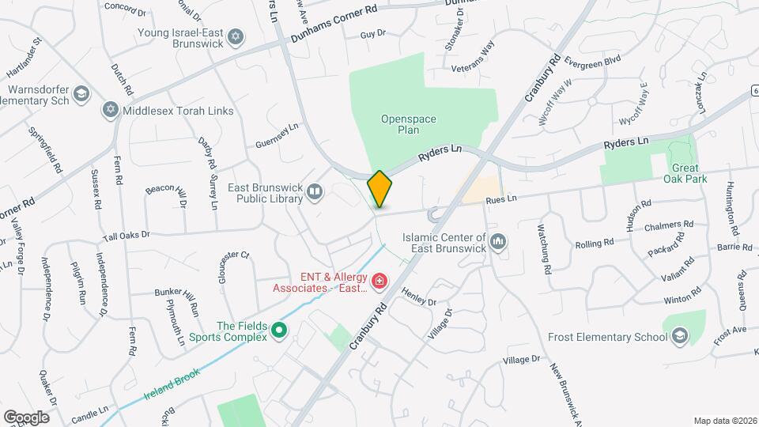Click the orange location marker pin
click(x=379, y=188)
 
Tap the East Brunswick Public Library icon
click(x=315, y=192)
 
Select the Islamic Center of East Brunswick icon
click(x=498, y=240)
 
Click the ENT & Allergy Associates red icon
click(x=379, y=281)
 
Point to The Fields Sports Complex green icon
click(x=278, y=331)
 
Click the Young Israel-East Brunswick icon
click(x=235, y=37)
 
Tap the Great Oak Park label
click(x=692, y=173)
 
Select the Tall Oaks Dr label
click(x=126, y=236)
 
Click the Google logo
click(x=26, y=417)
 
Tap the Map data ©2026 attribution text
click(x=724, y=421)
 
